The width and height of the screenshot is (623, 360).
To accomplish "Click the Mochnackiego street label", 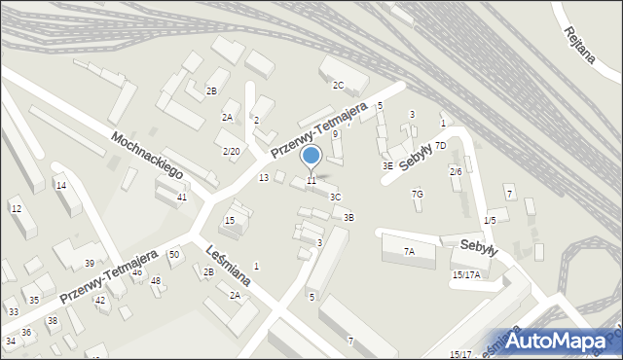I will click(x=148, y=155).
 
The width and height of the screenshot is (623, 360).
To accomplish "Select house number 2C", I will click(x=339, y=85).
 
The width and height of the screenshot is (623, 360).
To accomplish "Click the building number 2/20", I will click(x=231, y=151).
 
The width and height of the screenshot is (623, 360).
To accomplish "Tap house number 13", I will click(x=263, y=177).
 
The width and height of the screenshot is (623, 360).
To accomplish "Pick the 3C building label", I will click(x=335, y=197).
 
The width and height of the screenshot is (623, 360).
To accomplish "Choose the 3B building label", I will click(x=348, y=217).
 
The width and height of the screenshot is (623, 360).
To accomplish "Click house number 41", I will click(x=182, y=198).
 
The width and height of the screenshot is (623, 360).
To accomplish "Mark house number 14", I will click(x=60, y=185).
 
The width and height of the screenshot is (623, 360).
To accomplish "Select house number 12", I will click(x=16, y=208).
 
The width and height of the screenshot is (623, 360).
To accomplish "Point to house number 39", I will click(x=89, y=264).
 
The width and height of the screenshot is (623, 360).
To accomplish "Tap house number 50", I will click(x=174, y=254).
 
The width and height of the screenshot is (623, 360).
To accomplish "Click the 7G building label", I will click(x=417, y=194).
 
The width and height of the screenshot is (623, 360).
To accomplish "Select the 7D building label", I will click(x=440, y=145).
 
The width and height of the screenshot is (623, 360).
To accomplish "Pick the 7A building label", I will click(x=409, y=251).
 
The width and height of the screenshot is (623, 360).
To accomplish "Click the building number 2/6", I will click(x=455, y=171).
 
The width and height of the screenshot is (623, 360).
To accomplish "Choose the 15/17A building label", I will click(x=465, y=274).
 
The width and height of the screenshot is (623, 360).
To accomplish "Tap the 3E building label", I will click(x=387, y=165).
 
